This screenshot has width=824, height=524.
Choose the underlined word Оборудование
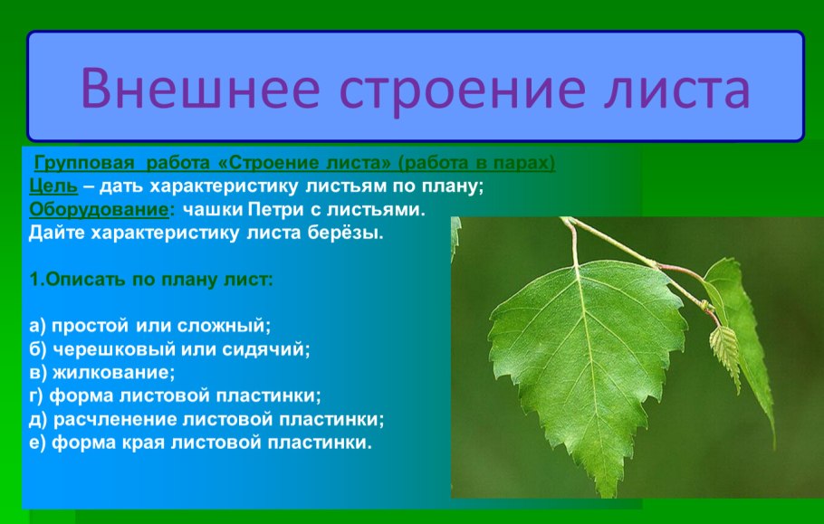click(100, 210)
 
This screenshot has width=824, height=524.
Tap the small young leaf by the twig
click(724, 348)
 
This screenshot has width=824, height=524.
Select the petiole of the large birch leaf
click(572, 244)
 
